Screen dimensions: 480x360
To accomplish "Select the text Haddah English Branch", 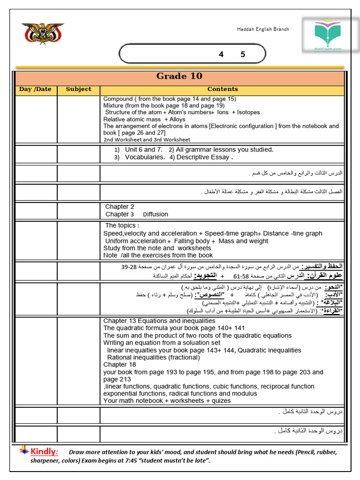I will point(262,29).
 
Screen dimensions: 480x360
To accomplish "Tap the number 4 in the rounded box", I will point(221,54).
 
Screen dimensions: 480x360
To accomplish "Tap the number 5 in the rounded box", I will point(243,54).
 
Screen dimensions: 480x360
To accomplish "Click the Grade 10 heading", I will point(179,76).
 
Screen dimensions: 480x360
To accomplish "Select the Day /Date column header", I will point(35,89).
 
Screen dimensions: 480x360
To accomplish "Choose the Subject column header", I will point(78,89).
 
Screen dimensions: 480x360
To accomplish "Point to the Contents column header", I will point(223,89).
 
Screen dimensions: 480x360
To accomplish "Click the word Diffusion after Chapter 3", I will point(155,214).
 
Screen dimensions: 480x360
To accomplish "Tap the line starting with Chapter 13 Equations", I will point(159,321).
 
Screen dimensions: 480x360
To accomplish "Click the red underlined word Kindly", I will point(44,452).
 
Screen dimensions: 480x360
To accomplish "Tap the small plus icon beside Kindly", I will point(24,450).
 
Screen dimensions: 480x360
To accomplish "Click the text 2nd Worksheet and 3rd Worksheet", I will point(147,140).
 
